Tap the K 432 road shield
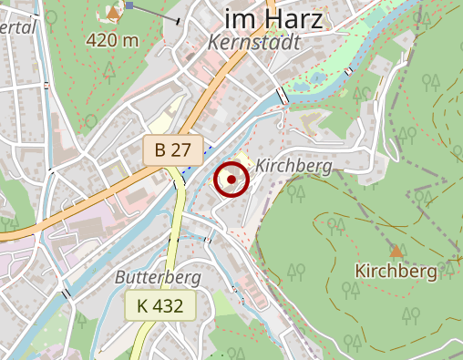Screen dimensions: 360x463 click(161, 306)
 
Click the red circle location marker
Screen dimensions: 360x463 click(231, 180)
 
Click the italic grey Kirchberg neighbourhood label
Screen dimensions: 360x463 click(293, 166)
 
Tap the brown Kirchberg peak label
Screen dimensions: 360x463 click(396, 271)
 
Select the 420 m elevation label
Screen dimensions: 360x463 click(113, 40)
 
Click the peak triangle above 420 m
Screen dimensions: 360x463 click(113, 12)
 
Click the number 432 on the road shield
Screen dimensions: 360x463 click(170, 306)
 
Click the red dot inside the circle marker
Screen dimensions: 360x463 click(231, 180)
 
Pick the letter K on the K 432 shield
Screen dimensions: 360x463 click(142, 306)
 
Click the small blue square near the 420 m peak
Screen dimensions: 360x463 click(130, 5)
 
